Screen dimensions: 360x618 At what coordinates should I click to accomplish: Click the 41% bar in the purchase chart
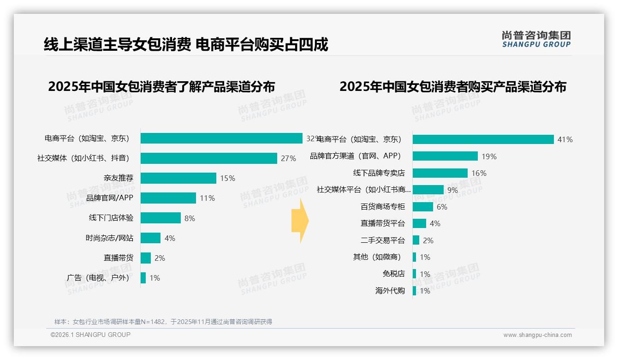tap(483, 139)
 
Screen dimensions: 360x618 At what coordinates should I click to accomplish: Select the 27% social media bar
tap(208, 158)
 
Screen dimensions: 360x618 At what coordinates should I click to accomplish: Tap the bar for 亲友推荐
tap(178, 178)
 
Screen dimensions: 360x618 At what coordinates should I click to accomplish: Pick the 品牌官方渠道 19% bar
tap(445, 156)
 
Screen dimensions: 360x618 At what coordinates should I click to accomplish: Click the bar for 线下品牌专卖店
tap(440, 173)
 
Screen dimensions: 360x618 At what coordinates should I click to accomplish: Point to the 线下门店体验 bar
tap(160, 218)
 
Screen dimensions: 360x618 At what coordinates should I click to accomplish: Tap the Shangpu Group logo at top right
tap(536, 39)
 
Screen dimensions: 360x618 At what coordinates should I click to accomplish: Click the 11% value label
tap(207, 198)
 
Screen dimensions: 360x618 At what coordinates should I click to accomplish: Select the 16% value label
tap(479, 174)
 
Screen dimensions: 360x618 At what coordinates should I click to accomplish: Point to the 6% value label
tap(441, 207)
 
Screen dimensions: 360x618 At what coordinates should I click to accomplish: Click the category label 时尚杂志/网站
tap(109, 238)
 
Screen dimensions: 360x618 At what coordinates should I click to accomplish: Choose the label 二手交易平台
tap(382, 240)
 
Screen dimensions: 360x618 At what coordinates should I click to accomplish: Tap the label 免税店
tap(393, 274)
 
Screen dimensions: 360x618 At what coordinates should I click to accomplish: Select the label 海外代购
tap(390, 291)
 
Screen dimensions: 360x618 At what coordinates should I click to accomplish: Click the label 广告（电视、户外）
tap(98, 278)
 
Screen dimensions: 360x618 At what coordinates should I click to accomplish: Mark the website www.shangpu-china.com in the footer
tap(537, 335)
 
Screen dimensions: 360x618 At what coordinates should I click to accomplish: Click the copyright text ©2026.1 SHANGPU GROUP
tap(90, 335)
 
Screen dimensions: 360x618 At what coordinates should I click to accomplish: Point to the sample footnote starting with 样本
tap(163, 322)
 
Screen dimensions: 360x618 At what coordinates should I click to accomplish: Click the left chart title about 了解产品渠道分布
tap(161, 87)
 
